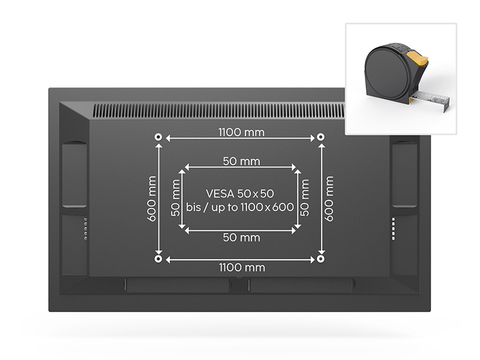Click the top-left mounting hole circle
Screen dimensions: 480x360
pyautogui.click(x=158, y=137)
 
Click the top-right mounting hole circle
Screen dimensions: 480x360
pyautogui.click(x=320, y=137)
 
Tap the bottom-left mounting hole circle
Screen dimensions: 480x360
pyautogui.click(x=158, y=259)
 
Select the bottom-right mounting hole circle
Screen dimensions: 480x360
pyautogui.click(x=320, y=259)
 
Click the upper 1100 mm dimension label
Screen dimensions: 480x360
pyautogui.click(x=241, y=132)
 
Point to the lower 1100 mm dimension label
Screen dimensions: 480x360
pyautogui.click(x=242, y=268)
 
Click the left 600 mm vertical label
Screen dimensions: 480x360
pyautogui.click(x=152, y=199)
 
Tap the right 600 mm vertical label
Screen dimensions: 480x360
pyautogui.click(x=328, y=199)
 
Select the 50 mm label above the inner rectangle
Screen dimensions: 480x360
pyautogui.click(x=241, y=161)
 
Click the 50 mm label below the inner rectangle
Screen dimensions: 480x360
pyautogui.click(x=241, y=238)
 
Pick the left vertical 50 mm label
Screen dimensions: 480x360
pyautogui.click(x=175, y=198)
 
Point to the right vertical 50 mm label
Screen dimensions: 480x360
pyautogui.click(x=305, y=198)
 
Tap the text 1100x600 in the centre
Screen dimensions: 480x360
pyautogui.click(x=267, y=207)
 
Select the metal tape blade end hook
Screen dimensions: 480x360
pyautogui.click(x=446, y=104)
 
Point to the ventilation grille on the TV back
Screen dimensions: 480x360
pyautogui.click(x=219, y=110)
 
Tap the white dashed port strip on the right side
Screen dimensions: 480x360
pyautogui.click(x=394, y=229)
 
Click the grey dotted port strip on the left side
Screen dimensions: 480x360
pyautogui.click(x=86, y=229)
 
